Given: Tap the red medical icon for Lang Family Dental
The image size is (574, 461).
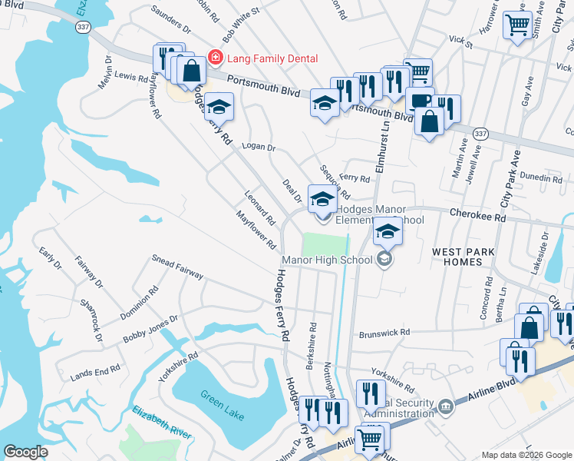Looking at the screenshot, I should click(x=216, y=58).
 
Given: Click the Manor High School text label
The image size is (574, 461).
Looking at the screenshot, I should click(x=327, y=260).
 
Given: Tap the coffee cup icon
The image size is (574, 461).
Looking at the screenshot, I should click(x=419, y=101).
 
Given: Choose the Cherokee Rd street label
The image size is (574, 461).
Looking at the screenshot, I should click(x=478, y=217).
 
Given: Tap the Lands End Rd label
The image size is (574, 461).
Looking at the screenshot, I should click(x=95, y=370).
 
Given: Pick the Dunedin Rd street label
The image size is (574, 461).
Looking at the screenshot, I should click(x=540, y=178).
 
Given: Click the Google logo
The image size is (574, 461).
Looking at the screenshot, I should click(x=26, y=452).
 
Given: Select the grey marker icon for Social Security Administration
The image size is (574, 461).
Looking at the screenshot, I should click(x=446, y=405).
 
